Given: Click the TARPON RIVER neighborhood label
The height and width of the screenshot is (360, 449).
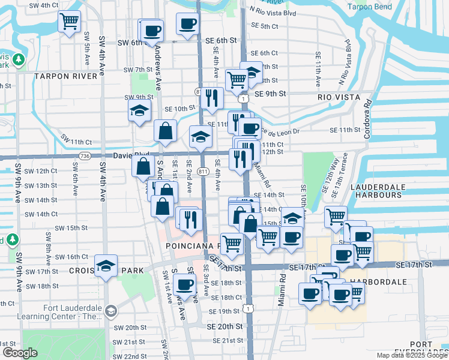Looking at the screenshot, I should tap(65, 76).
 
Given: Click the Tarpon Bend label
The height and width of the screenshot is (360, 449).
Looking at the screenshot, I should tap(369, 7).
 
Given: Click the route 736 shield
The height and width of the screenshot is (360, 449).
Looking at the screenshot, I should tap(85, 156).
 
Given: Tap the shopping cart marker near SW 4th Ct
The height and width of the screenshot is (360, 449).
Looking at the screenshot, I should tap(70, 22).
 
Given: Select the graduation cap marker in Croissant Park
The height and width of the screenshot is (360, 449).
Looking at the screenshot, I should tap(106, 266).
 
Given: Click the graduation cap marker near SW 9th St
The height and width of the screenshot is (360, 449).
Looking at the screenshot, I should tap(139, 112).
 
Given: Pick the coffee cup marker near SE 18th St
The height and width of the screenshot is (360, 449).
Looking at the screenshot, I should tap(184, 284).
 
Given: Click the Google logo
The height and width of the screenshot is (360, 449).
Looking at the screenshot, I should tap(20, 352).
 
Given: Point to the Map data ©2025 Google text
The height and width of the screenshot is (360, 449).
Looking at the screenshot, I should tap(411, 355).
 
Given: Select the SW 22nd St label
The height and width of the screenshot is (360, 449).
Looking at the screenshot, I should tap(130, 356).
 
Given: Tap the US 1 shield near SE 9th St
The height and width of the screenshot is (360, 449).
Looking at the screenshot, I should tap(243, 98).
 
